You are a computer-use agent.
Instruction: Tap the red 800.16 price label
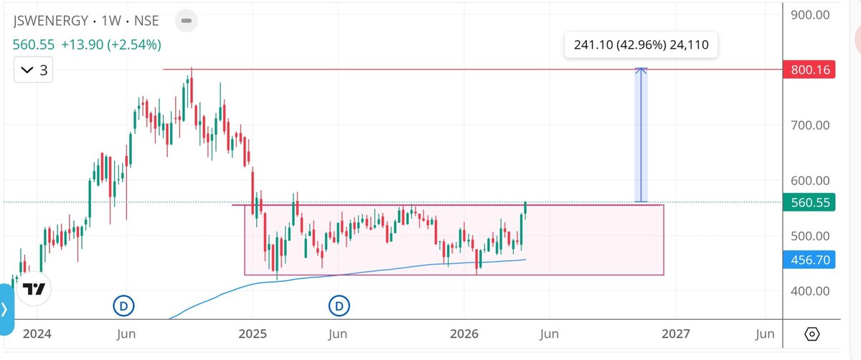pyautogui.click(x=811, y=70)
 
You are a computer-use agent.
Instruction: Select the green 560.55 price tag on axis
pyautogui.click(x=811, y=203)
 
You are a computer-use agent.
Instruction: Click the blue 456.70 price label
pyautogui.click(x=811, y=260)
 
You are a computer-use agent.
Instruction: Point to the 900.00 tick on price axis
pyautogui.click(x=810, y=14)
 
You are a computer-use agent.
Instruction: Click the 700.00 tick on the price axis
pyautogui.click(x=810, y=125)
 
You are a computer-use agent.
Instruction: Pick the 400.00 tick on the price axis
pyautogui.click(x=810, y=291)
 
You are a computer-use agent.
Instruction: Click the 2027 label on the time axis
pyautogui.click(x=675, y=334)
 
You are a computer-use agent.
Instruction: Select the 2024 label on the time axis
pyautogui.click(x=37, y=334)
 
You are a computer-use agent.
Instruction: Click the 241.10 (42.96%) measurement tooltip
pyautogui.click(x=641, y=45)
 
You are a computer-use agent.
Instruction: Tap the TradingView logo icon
pyautogui.click(x=34, y=290)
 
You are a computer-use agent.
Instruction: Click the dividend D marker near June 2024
pyautogui.click(x=123, y=307)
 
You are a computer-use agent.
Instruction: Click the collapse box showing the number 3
pyautogui.click(x=34, y=70)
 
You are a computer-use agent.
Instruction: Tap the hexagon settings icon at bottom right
pyautogui.click(x=812, y=334)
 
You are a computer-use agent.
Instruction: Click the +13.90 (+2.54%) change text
pyautogui.click(x=110, y=44)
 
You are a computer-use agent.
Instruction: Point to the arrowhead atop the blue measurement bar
pyautogui.click(x=642, y=70)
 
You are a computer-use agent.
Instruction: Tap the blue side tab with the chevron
pyautogui.click(x=6, y=310)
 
